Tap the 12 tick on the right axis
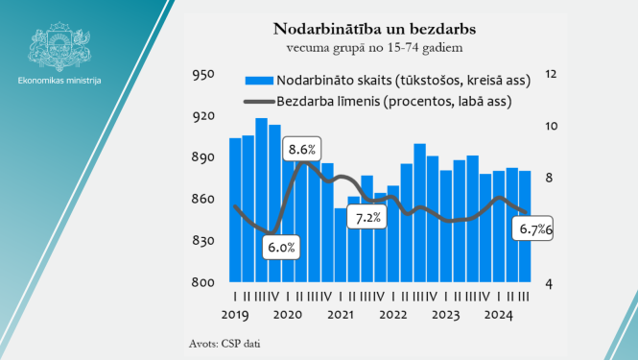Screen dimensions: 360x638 551,75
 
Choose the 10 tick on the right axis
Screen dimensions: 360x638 551,127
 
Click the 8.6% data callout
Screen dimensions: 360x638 302,150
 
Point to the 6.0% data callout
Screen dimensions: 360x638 281,248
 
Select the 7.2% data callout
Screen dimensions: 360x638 368,218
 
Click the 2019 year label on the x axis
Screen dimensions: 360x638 235,314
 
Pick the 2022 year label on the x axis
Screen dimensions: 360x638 393,314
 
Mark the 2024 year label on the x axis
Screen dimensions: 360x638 499,314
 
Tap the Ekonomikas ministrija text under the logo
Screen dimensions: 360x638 59,80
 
